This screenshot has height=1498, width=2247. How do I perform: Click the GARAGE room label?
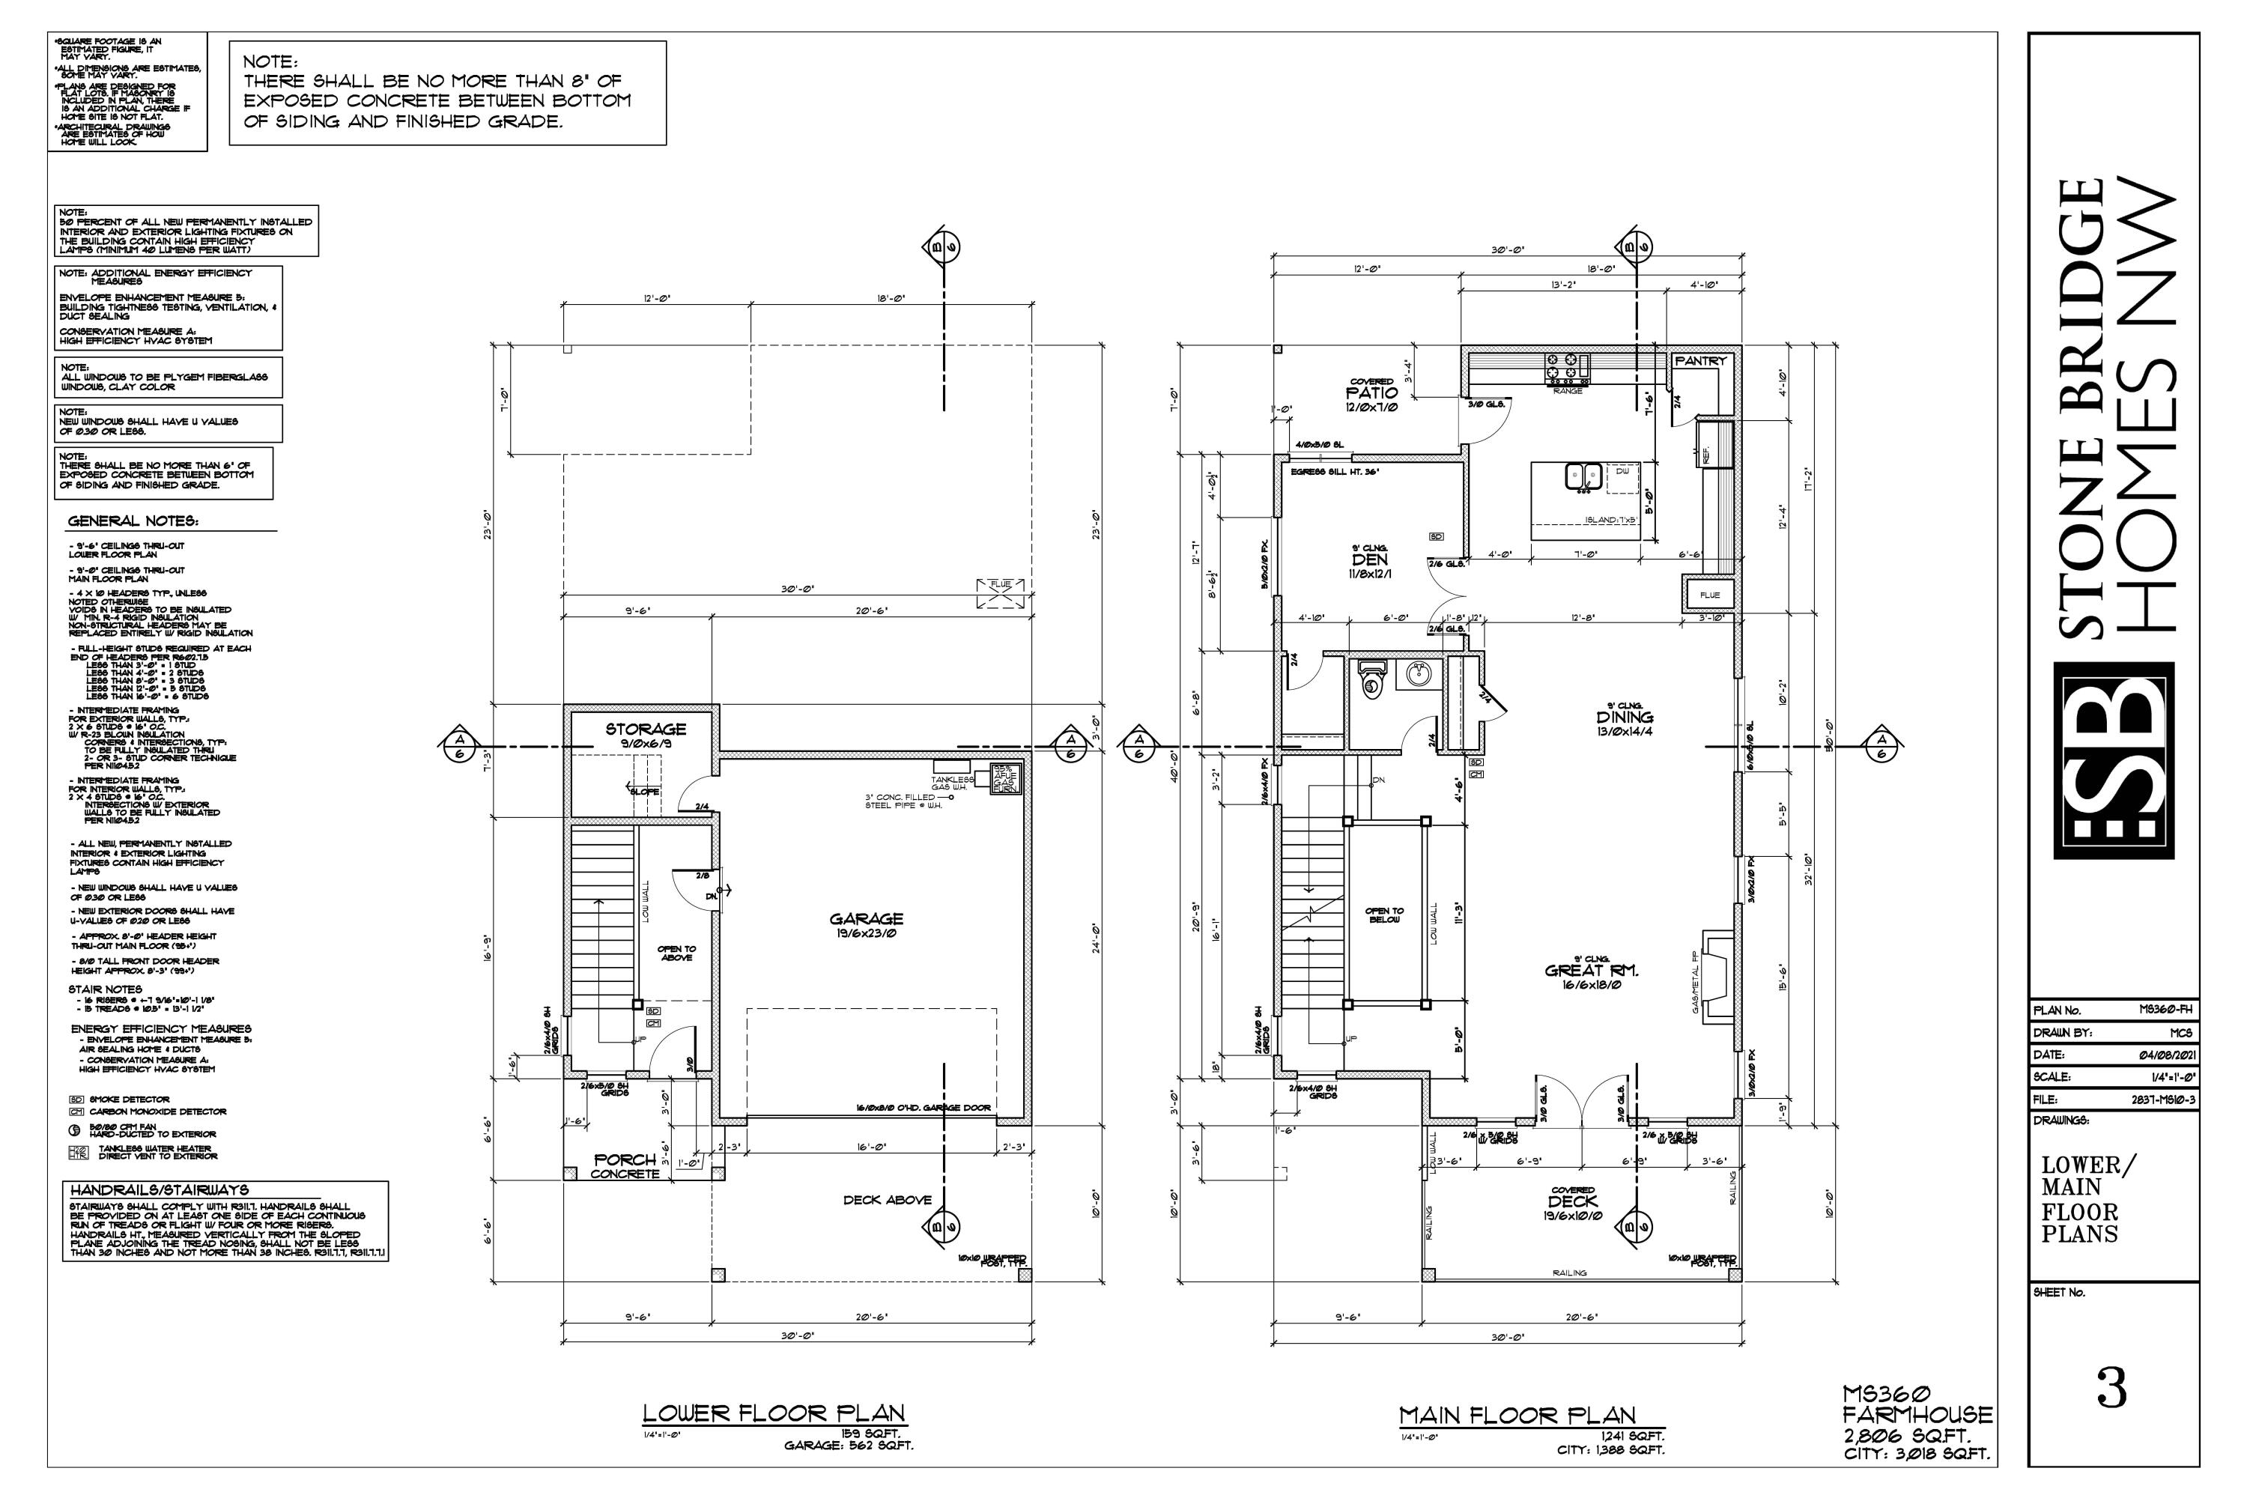pos(866,919)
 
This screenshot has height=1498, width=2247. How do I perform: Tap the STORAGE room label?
pos(645,729)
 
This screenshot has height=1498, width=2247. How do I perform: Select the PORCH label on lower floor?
pos(625,1159)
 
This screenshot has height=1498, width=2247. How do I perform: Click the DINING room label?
pos(1624,718)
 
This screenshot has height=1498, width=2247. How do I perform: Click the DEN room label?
pos(1369,560)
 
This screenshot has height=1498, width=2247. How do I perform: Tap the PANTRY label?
pos(1700,361)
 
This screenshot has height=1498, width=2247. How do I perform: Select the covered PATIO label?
pos(1372,392)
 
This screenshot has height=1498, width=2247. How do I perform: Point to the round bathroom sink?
pos(1418,676)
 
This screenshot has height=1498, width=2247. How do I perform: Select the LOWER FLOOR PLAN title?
pos(773,1413)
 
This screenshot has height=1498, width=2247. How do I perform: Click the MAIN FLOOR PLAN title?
pos(1517,1415)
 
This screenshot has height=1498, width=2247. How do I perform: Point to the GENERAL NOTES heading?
pos(133,521)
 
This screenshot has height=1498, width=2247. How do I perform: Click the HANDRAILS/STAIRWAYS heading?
pos(159,1190)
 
